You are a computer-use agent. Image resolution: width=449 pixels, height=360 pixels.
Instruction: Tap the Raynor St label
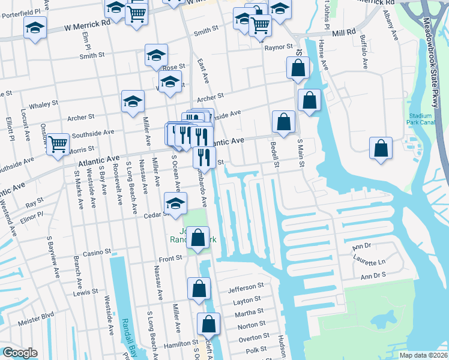(x=280, y=46)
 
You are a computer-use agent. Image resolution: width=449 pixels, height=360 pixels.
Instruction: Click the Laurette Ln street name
(x=373, y=262)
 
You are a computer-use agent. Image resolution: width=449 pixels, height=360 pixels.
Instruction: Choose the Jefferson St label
(x=246, y=288)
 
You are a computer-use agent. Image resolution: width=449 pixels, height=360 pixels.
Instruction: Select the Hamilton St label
(x=168, y=345)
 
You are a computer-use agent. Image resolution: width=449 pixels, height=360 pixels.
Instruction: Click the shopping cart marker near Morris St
(x=58, y=144)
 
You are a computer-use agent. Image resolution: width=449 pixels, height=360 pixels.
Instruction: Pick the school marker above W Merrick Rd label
(x=35, y=28)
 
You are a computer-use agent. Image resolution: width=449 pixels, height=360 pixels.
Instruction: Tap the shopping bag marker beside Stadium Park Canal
(x=381, y=148)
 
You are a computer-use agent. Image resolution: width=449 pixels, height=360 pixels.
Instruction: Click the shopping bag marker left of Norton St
(x=208, y=324)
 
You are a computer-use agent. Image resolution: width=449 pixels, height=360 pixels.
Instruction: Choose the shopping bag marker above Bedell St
(x=283, y=122)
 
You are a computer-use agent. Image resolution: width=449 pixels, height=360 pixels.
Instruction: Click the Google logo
(x=20, y=353)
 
